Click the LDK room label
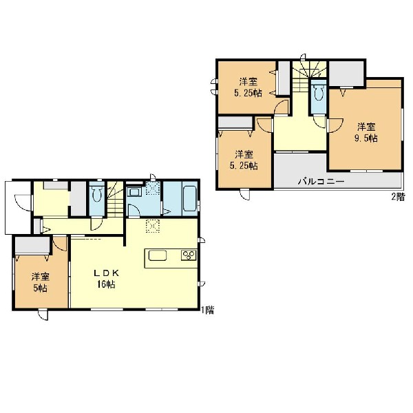tap(107, 273)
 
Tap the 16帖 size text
tap(106, 284)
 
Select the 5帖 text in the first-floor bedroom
tap(41, 288)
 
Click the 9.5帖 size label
tap(366, 138)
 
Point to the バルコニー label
tap(321, 182)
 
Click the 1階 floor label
tap(208, 310)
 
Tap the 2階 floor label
tap(398, 197)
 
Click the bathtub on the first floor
tap(190, 199)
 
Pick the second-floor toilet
tap(319, 91)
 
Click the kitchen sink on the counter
tap(158, 255)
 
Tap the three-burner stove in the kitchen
tap(189, 255)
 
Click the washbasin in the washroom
tap(134, 191)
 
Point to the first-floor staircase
tap(115, 199)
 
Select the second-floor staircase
tap(310, 76)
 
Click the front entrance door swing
tap(23, 202)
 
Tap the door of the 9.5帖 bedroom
tap(335, 126)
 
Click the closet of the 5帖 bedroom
tap(32, 245)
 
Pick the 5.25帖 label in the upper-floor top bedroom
tap(248, 93)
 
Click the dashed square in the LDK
tap(153, 226)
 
